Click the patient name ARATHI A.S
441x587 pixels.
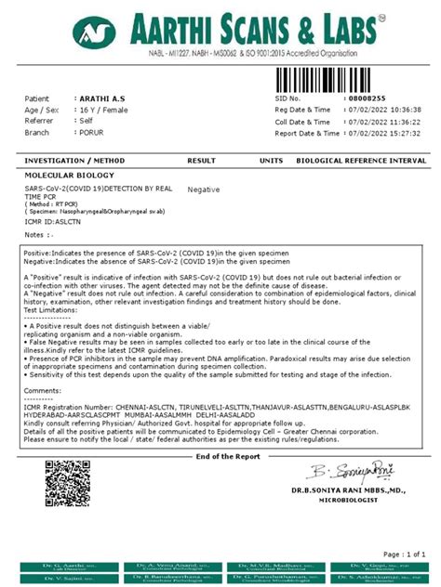point(102,98)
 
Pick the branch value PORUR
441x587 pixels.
point(92,133)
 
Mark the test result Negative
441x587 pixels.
point(203,189)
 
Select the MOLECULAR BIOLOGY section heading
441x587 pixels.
point(69,175)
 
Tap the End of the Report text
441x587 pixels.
point(229,456)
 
